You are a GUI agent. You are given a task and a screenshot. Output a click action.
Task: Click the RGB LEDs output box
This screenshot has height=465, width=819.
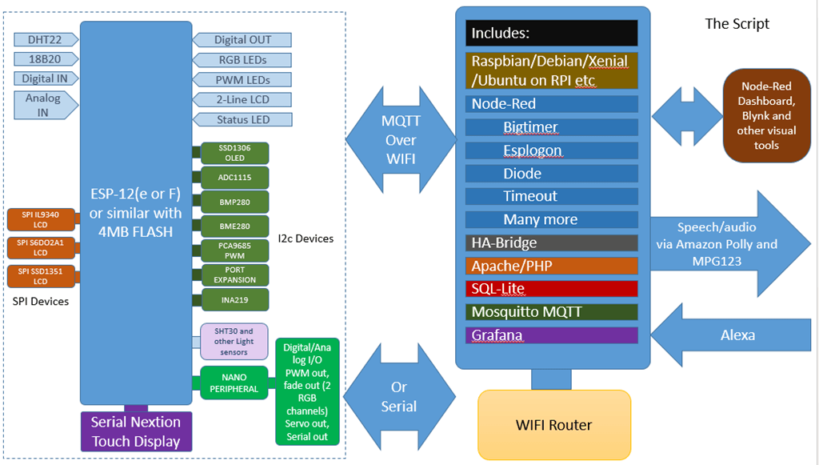coord(242,60)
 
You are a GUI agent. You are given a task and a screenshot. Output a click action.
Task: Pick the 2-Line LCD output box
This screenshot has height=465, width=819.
coord(242,100)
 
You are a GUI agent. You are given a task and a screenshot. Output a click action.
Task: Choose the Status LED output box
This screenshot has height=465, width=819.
coord(242,120)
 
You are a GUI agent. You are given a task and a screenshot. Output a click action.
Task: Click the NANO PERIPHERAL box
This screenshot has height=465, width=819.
coord(234,383)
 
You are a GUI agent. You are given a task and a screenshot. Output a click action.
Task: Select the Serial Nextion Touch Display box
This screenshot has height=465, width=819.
coord(135,431)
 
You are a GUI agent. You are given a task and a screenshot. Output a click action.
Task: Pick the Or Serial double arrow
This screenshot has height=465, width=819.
coord(398,397)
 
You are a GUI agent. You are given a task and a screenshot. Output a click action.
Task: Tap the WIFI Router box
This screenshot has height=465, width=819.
coord(553,424)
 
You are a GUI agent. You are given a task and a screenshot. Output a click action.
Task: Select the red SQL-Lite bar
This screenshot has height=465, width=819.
coord(551,289)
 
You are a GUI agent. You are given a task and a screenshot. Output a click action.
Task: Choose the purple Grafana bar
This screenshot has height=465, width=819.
coord(551,335)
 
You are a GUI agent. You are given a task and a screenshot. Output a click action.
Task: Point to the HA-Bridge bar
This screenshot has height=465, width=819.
coord(551,243)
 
